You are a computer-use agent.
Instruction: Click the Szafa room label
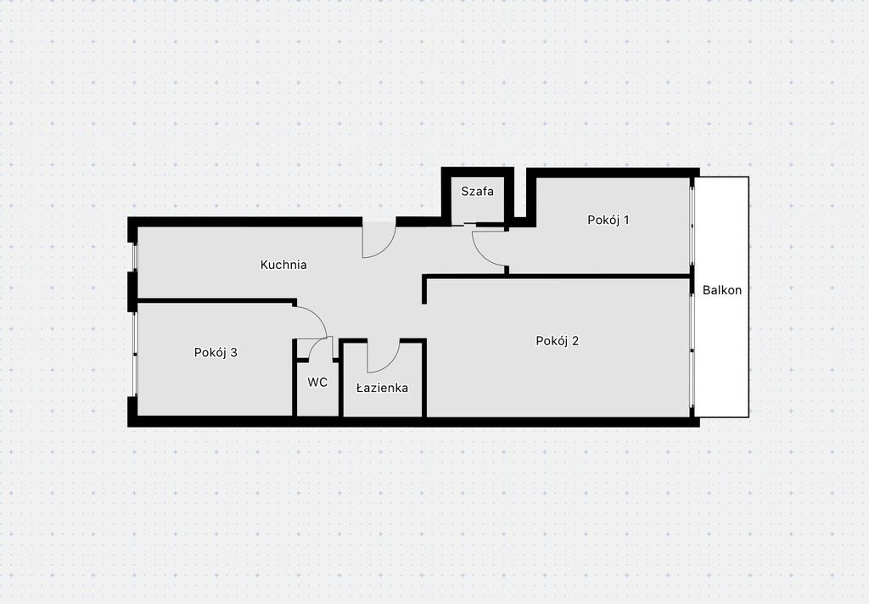coord(477,192)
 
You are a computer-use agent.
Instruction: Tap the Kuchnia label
coord(283,265)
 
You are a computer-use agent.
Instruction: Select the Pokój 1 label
coord(608,220)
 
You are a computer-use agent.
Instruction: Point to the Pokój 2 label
coord(557,341)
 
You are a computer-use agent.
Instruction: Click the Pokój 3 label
coord(216,352)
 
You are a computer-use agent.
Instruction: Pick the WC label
coord(317,383)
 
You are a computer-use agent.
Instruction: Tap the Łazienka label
coord(382,388)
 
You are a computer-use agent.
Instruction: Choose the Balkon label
coord(721,290)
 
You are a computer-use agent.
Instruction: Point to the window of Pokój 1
coord(692,226)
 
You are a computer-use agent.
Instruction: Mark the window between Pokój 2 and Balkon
coord(692,350)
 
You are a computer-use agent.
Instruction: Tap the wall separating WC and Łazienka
coord(341,378)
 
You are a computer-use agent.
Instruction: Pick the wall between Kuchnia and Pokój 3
coord(216,301)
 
